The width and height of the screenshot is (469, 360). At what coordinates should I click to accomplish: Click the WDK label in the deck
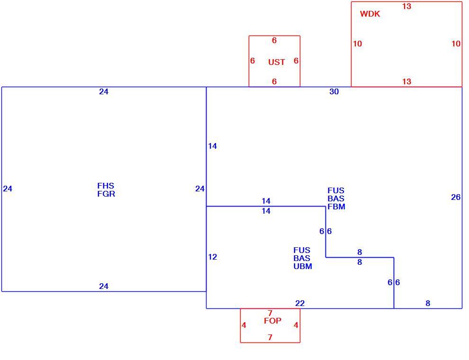(x=370, y=14)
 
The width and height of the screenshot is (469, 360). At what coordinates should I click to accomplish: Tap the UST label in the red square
(x=277, y=62)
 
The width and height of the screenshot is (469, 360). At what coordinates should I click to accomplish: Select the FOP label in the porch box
(x=272, y=321)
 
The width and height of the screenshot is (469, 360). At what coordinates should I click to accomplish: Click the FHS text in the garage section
(x=106, y=186)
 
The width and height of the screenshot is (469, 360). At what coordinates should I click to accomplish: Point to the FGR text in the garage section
(x=106, y=194)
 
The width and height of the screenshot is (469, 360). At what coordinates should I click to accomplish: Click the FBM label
(x=336, y=207)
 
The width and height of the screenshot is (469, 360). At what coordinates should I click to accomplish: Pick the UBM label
(x=303, y=266)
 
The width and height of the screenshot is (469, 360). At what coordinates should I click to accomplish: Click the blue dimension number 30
(x=334, y=91)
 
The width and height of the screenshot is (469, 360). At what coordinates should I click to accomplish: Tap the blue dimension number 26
(x=456, y=198)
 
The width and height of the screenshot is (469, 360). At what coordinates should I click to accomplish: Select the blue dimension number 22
(x=300, y=304)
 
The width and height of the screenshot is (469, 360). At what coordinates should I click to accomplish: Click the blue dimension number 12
(x=212, y=257)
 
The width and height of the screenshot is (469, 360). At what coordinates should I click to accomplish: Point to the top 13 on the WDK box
(x=407, y=6)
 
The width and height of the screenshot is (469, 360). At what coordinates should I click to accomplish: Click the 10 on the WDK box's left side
(x=357, y=44)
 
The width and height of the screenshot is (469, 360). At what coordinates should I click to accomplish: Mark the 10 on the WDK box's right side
(x=456, y=44)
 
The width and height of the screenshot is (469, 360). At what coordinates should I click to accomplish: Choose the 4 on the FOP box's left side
(x=244, y=325)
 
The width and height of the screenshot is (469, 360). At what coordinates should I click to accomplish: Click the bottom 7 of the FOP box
(x=270, y=337)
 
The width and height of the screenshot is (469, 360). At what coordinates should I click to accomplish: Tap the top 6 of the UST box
(x=274, y=40)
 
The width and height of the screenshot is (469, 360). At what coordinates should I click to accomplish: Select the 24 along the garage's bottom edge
(x=104, y=287)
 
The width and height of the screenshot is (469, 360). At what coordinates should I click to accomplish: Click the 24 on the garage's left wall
(x=8, y=189)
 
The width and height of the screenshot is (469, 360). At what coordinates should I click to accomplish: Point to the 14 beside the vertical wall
(x=212, y=146)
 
